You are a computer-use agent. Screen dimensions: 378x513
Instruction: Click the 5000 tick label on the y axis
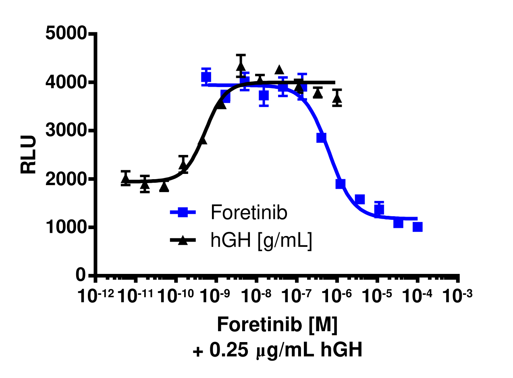[x=66, y=34]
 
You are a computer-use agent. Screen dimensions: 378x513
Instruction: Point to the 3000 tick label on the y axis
[x=66, y=131]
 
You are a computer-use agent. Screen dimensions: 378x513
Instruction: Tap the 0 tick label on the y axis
[x=82, y=276]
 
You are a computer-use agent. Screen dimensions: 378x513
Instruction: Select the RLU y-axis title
[x=29, y=155]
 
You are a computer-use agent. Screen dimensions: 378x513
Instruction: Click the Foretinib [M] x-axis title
[x=277, y=325]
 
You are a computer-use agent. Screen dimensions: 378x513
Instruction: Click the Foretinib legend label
[x=249, y=213]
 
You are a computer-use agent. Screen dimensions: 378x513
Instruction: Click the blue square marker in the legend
[x=183, y=213]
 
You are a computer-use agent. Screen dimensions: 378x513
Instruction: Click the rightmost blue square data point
[x=417, y=227]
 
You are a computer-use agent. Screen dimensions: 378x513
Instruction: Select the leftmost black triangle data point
[x=126, y=178]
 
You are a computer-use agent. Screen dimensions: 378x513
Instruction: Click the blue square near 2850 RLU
[x=321, y=138]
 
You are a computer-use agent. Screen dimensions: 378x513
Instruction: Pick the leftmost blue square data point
[x=206, y=77]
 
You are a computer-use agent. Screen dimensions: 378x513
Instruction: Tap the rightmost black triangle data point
[x=337, y=98]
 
